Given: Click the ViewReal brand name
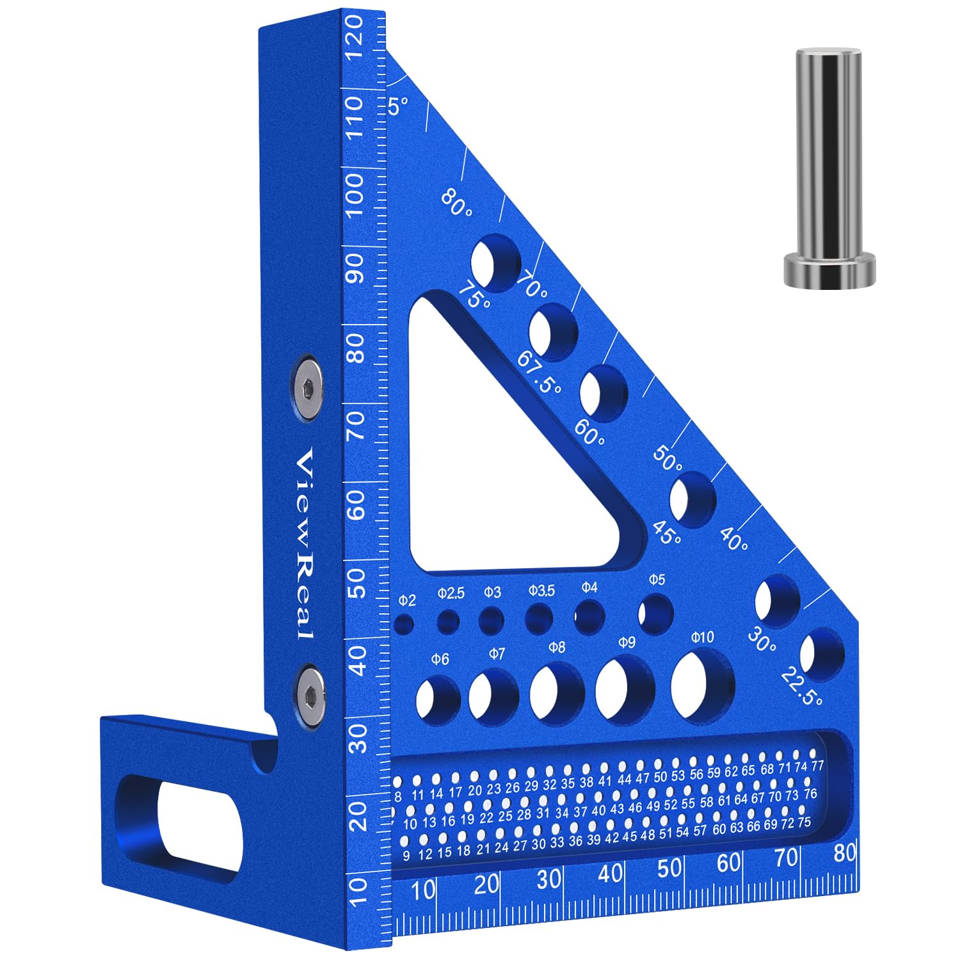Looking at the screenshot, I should click(305, 544).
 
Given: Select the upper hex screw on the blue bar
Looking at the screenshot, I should click(307, 388).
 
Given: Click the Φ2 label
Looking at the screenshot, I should click(407, 600).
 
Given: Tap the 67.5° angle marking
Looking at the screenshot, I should click(540, 372).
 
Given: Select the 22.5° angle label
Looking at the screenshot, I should click(802, 686).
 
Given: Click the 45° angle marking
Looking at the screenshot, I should click(668, 532).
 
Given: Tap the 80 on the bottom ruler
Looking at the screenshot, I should click(845, 852).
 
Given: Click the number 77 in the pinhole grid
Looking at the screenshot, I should click(817, 766).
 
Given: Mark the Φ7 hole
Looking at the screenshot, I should click(493, 696).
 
